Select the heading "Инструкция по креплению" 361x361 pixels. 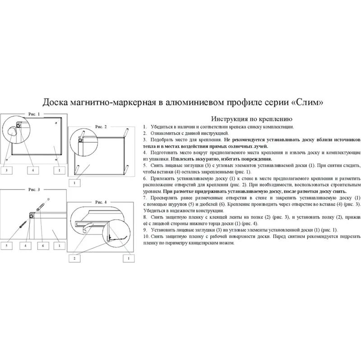[246, 119]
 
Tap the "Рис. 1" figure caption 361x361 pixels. [34, 115]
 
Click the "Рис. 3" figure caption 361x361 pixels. [34, 189]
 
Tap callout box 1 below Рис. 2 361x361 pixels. [74, 183]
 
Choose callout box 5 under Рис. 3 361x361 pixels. [7, 245]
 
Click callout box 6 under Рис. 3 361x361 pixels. [42, 245]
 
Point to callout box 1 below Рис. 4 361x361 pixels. [129, 258]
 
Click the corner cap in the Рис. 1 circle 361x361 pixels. [12, 131]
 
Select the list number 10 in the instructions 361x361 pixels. [145, 236]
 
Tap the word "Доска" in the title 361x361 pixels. [56, 102]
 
